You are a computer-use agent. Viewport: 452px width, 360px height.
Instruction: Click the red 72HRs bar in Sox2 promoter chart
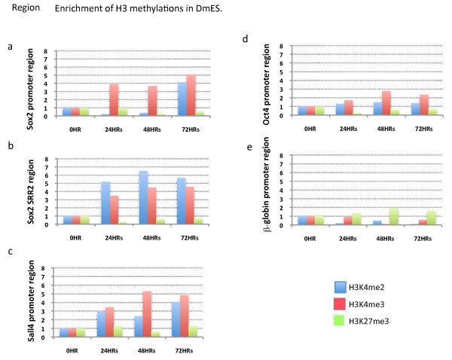pos(191,96)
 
